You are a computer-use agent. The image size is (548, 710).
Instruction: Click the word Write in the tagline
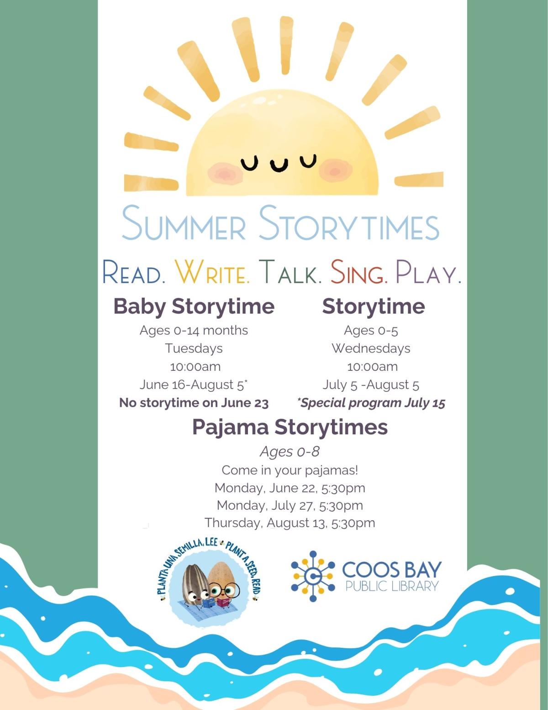click(x=213, y=272)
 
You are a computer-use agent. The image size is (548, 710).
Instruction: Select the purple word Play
click(x=428, y=272)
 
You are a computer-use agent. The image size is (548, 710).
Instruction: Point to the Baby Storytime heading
click(x=194, y=306)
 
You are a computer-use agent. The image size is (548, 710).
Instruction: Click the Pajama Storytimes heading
click(x=290, y=427)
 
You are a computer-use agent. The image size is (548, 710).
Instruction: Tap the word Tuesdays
click(x=194, y=348)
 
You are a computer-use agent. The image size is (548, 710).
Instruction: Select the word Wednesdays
click(x=371, y=348)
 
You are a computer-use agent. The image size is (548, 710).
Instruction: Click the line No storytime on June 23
click(x=194, y=403)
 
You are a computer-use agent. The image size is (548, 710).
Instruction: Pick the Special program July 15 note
click(x=371, y=403)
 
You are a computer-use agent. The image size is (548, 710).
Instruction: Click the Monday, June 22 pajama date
click(x=290, y=488)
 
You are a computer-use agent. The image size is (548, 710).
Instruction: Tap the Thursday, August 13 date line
click(x=290, y=523)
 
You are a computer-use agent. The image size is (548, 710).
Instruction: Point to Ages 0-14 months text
click(x=194, y=330)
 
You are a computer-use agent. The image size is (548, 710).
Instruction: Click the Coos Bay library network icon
click(x=313, y=576)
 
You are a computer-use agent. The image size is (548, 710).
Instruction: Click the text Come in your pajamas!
click(x=290, y=470)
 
